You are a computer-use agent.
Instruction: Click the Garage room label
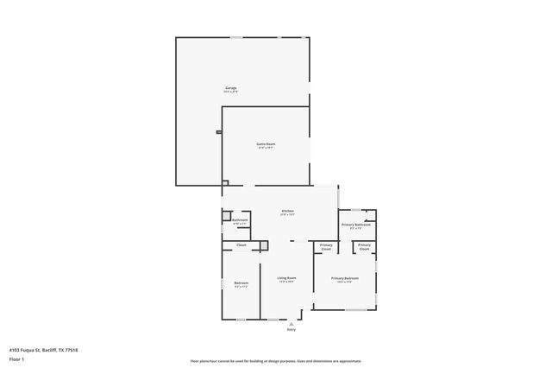pos(231,88)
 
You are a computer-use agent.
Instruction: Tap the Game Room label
pos(265,143)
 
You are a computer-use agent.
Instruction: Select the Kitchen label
pos(287,211)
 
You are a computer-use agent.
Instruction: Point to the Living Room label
pos(285,277)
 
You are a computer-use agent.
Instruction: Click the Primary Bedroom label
pos(344,277)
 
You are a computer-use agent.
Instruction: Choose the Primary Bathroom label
pos(355,225)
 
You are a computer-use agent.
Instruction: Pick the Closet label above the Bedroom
pos(241,245)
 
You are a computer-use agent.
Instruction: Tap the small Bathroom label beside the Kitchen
pos(241,220)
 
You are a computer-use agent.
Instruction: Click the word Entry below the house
pos(291,329)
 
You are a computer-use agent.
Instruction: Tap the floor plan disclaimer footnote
pos(276,360)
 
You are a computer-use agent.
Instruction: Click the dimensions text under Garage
pos(231,92)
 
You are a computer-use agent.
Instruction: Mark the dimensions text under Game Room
pos(265,148)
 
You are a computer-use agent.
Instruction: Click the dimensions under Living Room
pos(285,282)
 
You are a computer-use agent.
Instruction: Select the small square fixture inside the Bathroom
pos(227,215)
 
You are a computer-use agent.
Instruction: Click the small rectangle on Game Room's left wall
pos(219,132)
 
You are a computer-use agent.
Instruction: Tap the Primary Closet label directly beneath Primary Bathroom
pos(365,247)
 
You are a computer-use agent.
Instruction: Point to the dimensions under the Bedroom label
pos(241,287)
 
